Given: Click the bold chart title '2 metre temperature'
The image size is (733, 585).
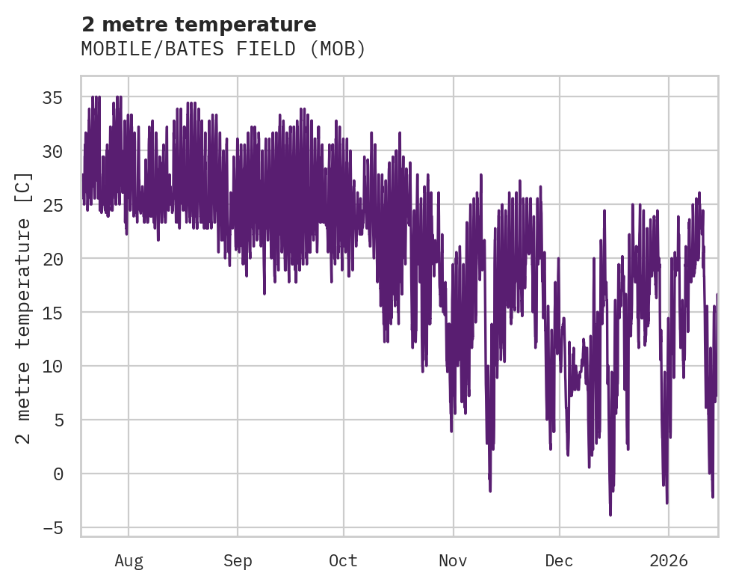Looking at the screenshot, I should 199,25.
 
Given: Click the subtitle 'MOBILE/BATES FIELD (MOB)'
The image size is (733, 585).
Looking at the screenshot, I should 223,49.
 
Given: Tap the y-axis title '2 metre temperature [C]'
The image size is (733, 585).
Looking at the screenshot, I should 24,308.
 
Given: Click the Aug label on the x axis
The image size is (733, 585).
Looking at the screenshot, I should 129,560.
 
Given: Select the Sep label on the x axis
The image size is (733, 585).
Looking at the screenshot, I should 238,560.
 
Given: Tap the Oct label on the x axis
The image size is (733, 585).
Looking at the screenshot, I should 344,560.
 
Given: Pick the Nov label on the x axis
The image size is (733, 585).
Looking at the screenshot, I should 453,560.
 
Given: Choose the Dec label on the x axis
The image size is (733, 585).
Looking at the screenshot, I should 559,560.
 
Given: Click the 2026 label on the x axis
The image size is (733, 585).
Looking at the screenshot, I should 669,560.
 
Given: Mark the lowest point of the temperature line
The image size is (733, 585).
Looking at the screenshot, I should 610,515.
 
